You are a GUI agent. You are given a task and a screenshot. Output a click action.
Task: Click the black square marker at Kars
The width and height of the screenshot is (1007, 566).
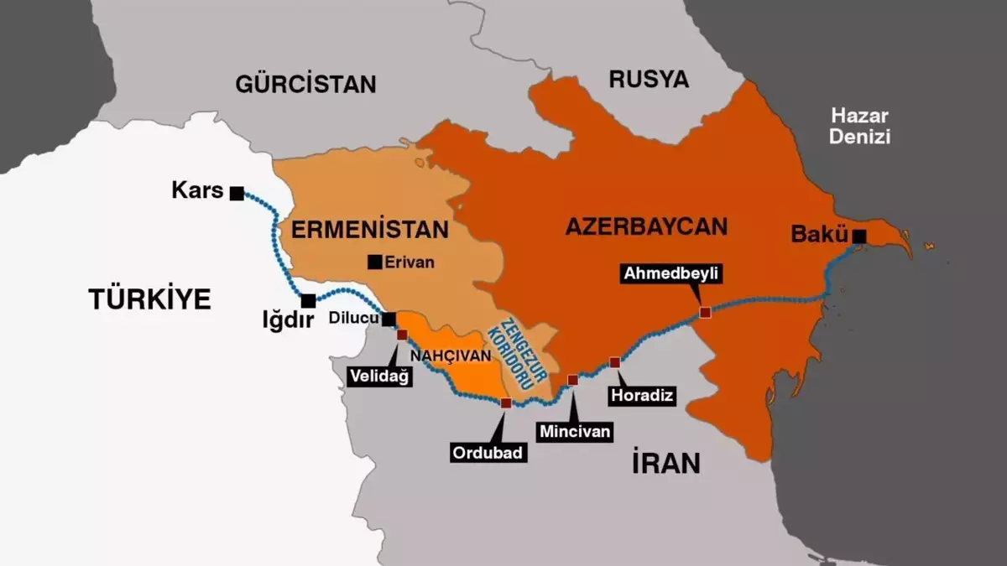tap(237, 194)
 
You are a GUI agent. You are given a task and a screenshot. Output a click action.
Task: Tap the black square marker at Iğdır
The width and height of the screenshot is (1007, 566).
tap(309, 300)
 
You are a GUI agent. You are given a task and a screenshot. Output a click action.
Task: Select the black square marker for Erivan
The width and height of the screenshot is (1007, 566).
tap(375, 262)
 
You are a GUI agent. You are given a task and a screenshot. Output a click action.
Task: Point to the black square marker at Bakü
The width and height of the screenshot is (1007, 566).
tap(859, 236)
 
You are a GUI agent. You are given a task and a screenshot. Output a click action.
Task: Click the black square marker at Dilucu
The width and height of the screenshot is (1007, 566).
tap(389, 319)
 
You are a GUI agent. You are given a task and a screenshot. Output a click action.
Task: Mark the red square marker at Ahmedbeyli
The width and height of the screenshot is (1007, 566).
tap(705, 312)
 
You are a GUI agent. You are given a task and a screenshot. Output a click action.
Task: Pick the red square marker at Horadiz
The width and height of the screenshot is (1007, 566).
tap(614, 362)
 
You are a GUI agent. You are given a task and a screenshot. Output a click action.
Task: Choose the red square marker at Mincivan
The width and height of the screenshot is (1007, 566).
tap(572, 380)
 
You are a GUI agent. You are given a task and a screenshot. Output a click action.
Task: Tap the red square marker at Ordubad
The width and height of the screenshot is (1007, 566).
tap(505, 403)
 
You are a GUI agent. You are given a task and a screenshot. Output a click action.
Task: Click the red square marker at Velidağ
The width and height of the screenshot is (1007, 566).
tap(402, 335)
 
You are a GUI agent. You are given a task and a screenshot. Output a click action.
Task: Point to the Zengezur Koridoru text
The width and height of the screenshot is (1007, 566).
tap(516, 353)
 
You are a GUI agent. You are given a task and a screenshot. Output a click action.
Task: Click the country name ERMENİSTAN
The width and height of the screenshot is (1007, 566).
tap(370, 230)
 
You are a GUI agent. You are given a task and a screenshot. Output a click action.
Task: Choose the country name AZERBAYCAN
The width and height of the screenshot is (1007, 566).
tap(645, 226)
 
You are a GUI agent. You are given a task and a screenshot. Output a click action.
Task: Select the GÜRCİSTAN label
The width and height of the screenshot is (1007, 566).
tap(305, 84)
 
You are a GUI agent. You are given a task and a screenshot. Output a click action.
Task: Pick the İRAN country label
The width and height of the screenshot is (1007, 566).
tap(666, 463)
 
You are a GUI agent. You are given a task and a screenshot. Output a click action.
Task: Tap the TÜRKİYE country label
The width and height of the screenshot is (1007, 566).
tap(149, 299)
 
